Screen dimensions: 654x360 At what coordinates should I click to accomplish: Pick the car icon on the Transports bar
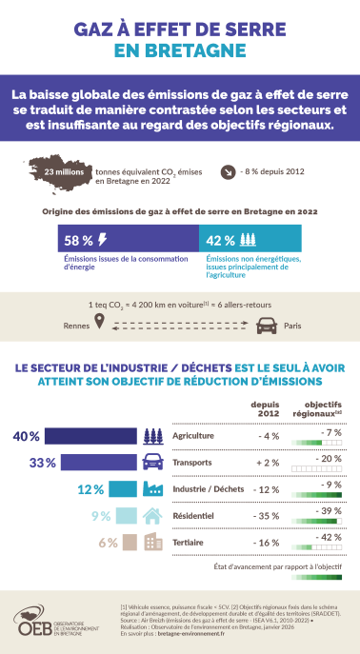tap(150, 463)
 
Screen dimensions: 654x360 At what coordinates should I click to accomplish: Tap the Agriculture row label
tap(193, 436)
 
